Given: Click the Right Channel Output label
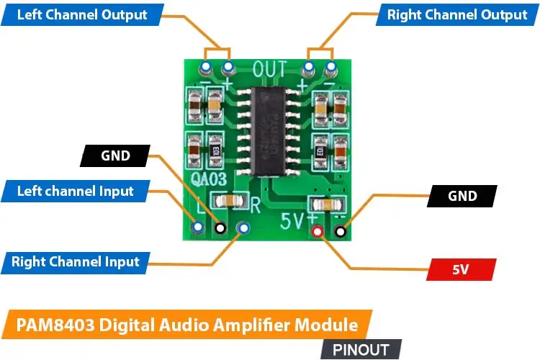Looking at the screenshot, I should [x=456, y=15].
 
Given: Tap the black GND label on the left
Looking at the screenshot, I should [x=115, y=156].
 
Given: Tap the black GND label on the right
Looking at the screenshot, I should [x=462, y=196].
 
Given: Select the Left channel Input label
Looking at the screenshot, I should [x=75, y=191].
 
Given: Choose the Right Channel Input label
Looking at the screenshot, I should [x=75, y=261].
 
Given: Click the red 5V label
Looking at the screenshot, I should [x=461, y=270].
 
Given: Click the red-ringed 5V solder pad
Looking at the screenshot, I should [x=317, y=232].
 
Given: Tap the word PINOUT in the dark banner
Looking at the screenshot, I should [x=361, y=350].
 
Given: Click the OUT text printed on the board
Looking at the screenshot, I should [x=270, y=70].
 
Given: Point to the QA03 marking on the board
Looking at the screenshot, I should [x=211, y=179].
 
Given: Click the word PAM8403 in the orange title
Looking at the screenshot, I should [x=53, y=324].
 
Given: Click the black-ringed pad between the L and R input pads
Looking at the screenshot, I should [x=220, y=228].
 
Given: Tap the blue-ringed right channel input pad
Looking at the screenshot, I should [x=243, y=228].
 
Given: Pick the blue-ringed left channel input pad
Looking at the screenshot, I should [x=197, y=227].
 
